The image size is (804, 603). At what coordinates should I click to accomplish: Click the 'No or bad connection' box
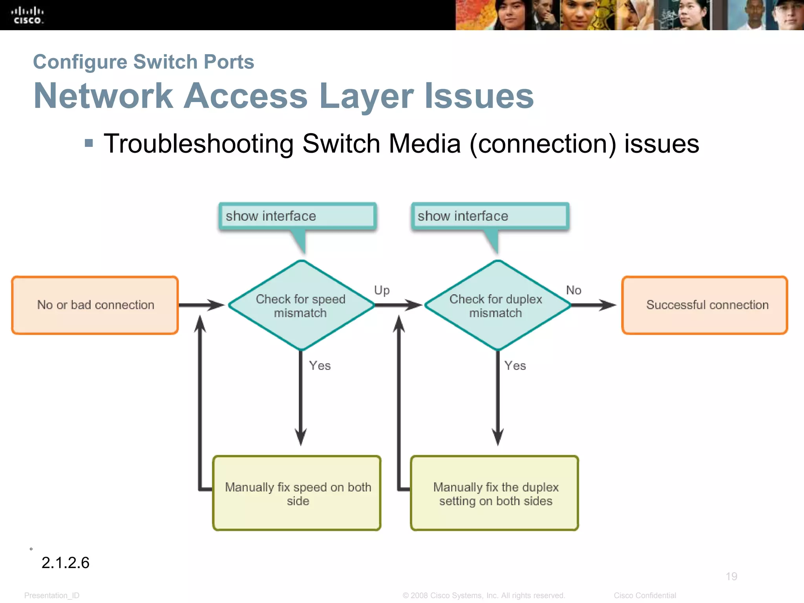coord(95,305)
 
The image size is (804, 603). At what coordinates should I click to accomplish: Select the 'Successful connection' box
coord(705,305)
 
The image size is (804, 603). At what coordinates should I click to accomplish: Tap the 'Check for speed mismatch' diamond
coord(301,305)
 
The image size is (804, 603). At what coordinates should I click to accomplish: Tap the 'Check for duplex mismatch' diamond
coord(496,305)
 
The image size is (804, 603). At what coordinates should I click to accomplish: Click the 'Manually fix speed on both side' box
coord(297,493)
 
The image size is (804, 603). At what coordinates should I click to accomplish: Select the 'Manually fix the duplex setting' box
coord(495,493)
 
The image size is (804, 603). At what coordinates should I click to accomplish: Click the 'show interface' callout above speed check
coord(297,216)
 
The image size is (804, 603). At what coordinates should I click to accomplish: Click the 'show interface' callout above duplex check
coord(490,216)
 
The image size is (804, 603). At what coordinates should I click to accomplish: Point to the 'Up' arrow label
coord(382,291)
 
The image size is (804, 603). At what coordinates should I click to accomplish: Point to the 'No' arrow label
coord(574,290)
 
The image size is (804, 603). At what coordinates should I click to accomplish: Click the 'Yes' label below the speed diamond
coord(320,366)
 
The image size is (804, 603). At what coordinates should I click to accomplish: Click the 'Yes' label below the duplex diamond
coord(515,366)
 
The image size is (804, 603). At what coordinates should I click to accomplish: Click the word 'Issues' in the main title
coord(479,96)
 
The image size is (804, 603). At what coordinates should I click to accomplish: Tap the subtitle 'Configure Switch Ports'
coord(144,62)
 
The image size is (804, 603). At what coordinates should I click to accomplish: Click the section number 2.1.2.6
coord(66,563)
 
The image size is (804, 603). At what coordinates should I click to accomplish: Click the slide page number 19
coord(731,576)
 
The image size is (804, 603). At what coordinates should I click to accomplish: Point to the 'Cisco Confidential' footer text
coord(645,596)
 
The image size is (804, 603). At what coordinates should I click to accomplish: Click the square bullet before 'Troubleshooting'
coord(89,143)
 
